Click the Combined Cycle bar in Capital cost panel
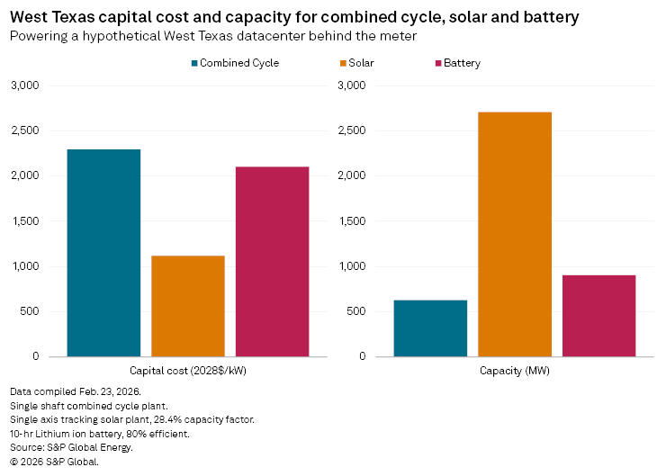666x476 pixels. pos(103,253)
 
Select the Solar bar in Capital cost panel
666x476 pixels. pos(187,306)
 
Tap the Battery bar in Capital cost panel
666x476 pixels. pos(272,262)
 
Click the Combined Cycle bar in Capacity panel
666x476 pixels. pos(430,328)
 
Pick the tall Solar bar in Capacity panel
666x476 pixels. pos(514,234)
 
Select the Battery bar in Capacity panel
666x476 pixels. pos(598,316)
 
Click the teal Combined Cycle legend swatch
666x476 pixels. pos(194,63)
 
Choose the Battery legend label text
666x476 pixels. pos(462,63)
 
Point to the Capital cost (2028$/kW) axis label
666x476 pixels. pos(187,371)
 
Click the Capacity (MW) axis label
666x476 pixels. pos(514,371)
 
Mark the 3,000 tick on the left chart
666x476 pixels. pos(25,85)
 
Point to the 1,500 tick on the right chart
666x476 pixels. pos(352,221)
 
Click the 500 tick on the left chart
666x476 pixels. pos(30,312)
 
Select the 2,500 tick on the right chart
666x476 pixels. pos(352,130)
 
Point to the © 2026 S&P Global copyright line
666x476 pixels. pos(54,462)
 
